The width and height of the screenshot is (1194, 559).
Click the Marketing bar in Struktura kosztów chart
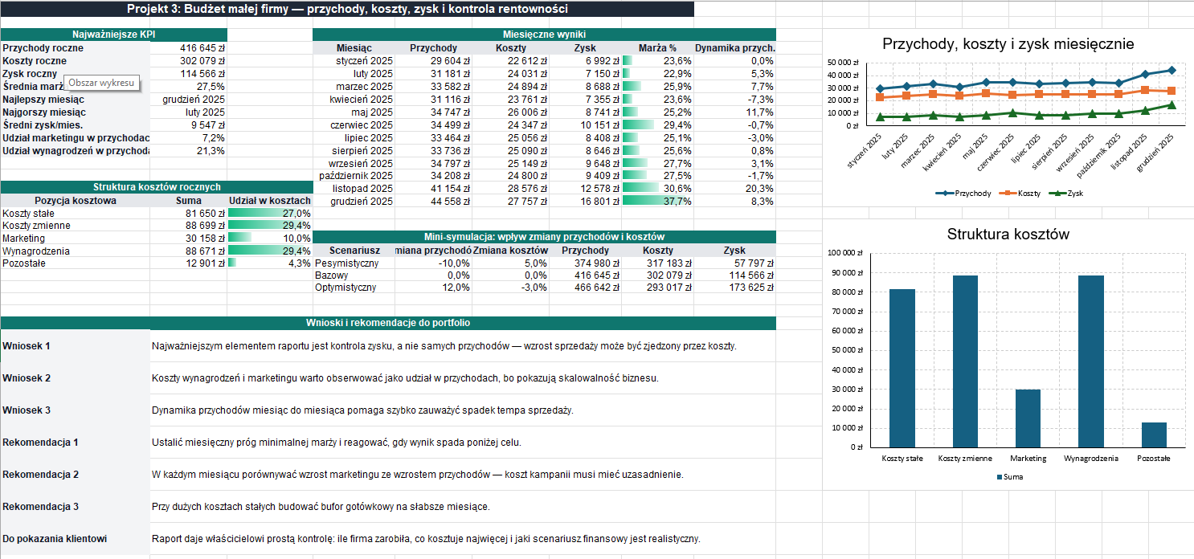coord(1028,418)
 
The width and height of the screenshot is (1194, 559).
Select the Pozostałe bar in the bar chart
coord(1154,435)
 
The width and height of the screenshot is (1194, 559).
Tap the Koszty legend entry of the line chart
coord(1020,194)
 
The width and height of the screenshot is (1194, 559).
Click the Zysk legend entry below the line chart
coord(1066,194)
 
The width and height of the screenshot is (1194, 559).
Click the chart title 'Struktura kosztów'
coord(1008,235)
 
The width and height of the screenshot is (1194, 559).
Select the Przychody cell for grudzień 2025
coord(450,202)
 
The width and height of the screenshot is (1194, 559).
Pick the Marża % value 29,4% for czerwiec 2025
coord(677,125)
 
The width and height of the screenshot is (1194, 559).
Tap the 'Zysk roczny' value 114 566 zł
coord(202,74)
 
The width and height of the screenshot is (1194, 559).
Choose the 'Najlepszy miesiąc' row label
coord(43,100)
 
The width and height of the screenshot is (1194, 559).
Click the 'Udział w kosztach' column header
coord(270,201)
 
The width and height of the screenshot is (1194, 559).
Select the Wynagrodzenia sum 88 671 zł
coord(205,251)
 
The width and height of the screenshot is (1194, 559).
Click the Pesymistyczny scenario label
coord(346,263)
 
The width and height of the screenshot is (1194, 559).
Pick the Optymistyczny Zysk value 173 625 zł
coord(751,288)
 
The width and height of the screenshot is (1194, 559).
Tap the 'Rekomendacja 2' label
coord(40,475)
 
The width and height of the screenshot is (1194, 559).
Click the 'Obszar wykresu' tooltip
coord(101,84)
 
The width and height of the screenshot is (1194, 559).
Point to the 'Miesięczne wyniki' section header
coord(544,35)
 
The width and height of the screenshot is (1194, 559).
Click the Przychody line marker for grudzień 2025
coord(1171,71)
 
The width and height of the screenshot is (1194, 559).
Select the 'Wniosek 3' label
coord(27,410)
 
